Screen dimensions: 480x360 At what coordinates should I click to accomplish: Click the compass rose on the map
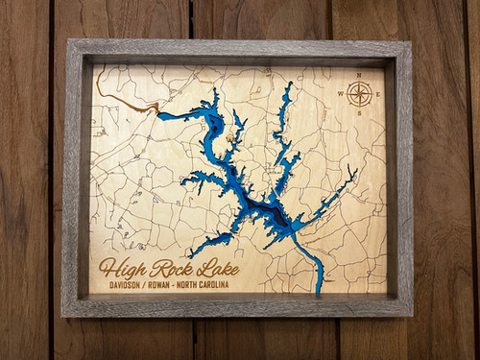click(x=359, y=93)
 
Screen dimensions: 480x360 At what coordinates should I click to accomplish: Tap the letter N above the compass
click(x=359, y=75)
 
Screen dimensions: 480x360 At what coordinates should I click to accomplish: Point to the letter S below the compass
click(x=359, y=112)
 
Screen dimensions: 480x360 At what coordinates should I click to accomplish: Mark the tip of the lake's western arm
click(x=160, y=116)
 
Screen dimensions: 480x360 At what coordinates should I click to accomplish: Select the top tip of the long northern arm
click(x=290, y=84)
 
